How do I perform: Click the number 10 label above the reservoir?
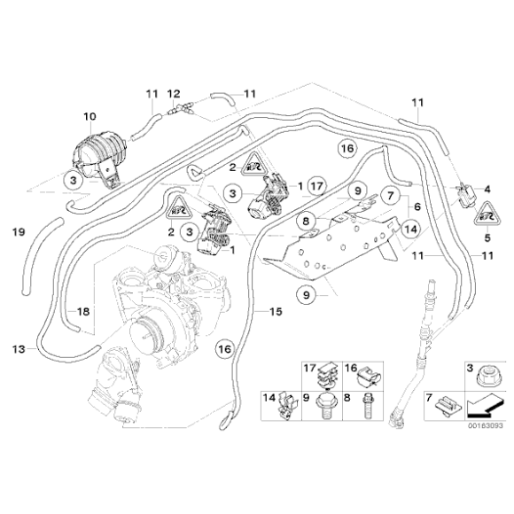pyautogui.click(x=89, y=116)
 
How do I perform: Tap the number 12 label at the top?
pyautogui.click(x=174, y=93)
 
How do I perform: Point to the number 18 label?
pyautogui.click(x=82, y=311)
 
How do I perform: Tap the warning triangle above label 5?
pyautogui.click(x=487, y=214)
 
